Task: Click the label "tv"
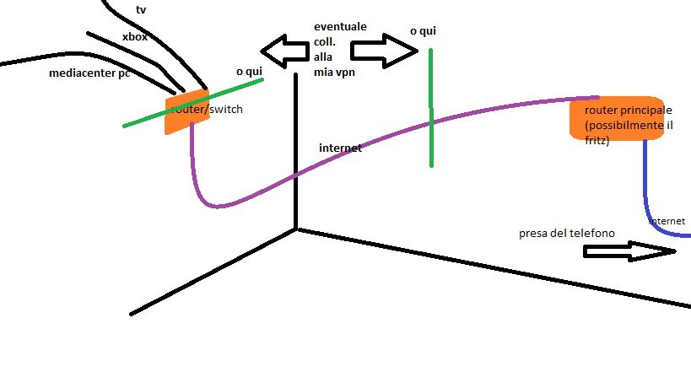tap(140, 9)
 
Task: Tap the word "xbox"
tap(135, 37)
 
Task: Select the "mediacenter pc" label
tap(89, 73)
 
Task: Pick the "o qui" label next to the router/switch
tap(250, 72)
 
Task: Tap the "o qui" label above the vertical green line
tap(424, 31)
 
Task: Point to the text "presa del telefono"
tap(567, 233)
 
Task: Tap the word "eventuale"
tap(340, 27)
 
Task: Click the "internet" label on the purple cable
tap(340, 148)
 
